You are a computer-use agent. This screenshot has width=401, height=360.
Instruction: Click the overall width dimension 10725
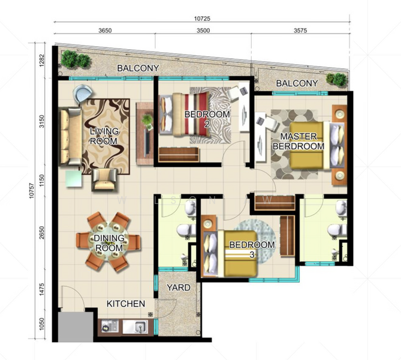(x=202, y=19)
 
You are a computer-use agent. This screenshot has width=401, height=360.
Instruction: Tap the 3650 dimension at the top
(x=105, y=31)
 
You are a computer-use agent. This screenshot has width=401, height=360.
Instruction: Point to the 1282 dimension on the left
(x=42, y=61)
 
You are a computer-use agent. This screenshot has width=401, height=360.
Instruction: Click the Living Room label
(x=104, y=136)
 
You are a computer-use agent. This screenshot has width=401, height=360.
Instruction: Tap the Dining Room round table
(x=108, y=241)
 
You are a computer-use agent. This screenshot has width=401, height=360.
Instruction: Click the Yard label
(x=179, y=287)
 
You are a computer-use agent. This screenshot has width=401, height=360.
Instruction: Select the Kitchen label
(x=126, y=304)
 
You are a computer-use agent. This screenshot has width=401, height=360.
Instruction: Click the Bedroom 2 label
(x=207, y=119)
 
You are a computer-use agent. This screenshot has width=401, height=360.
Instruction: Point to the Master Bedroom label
(x=299, y=141)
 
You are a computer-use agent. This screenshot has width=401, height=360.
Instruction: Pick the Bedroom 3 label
(x=252, y=250)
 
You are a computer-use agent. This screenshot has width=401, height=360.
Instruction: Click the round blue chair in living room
(x=82, y=93)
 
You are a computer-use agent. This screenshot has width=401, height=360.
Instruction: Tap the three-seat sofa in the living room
(x=71, y=136)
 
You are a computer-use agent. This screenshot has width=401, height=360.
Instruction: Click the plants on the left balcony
(x=76, y=59)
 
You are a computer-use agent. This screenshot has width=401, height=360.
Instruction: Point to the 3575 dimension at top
(x=300, y=31)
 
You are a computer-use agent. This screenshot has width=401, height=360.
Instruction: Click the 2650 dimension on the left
(x=42, y=232)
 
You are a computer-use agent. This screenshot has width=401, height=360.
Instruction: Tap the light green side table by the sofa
(x=74, y=178)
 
